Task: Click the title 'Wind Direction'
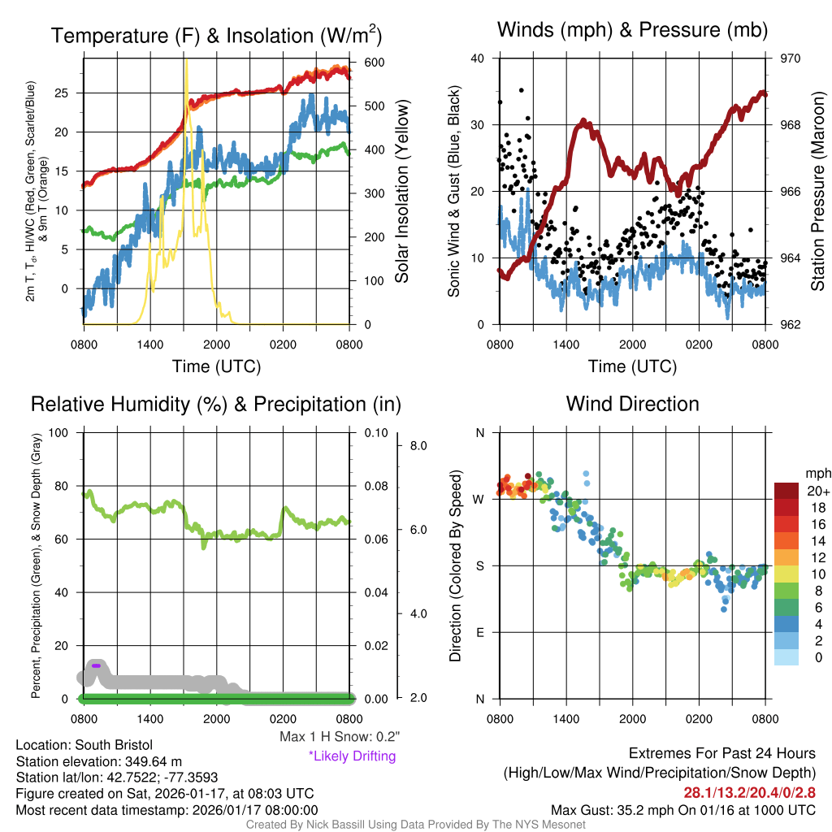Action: [632, 404]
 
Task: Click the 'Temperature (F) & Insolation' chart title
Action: [216, 36]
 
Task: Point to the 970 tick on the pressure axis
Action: [791, 58]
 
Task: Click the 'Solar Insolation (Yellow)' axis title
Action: [401, 192]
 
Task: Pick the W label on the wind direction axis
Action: [479, 499]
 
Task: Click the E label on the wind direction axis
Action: [480, 632]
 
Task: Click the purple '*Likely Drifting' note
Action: [352, 756]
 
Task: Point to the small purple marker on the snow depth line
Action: [96, 665]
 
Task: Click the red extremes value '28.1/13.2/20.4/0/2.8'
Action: [749, 792]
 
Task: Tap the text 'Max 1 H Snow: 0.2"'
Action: [340, 736]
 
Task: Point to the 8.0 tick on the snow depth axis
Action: [419, 446]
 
